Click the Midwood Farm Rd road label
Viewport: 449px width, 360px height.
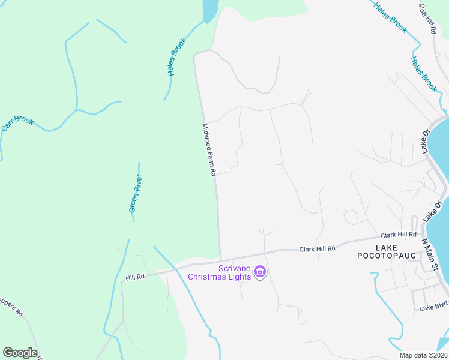(209, 149)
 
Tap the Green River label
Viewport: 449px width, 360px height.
(135, 193)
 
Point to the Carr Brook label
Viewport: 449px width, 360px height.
(17, 123)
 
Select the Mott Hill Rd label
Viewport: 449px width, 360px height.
(427, 18)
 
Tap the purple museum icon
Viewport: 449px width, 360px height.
(259, 273)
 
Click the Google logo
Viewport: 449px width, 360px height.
(20, 353)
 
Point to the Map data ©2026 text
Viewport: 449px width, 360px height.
(424, 355)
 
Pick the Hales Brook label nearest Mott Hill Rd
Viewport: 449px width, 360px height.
(391, 17)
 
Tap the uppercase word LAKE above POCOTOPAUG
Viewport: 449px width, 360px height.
(387, 247)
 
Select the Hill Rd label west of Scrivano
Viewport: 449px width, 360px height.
(136, 277)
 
